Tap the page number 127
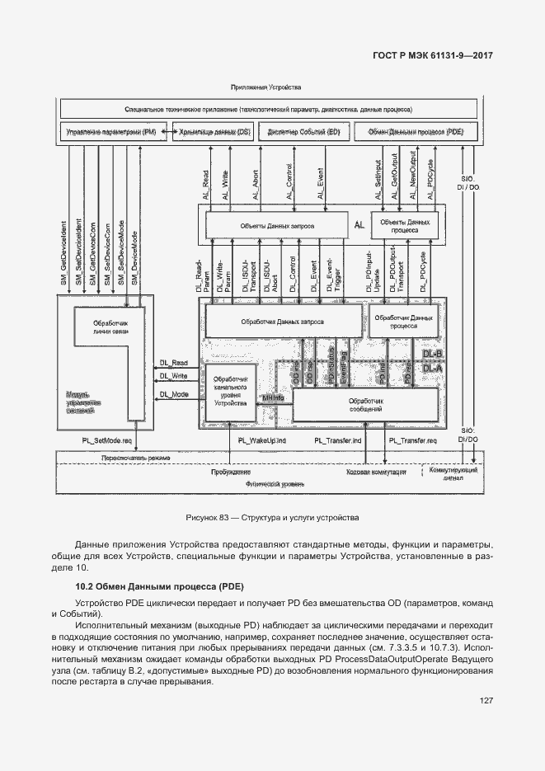pos(485,701)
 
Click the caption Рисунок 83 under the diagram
pos(271,518)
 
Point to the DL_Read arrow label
pos(174,362)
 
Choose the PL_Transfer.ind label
pos(339,442)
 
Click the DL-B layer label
pos(433,354)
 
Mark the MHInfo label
pos(272,398)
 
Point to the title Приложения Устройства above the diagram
pos(266,87)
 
